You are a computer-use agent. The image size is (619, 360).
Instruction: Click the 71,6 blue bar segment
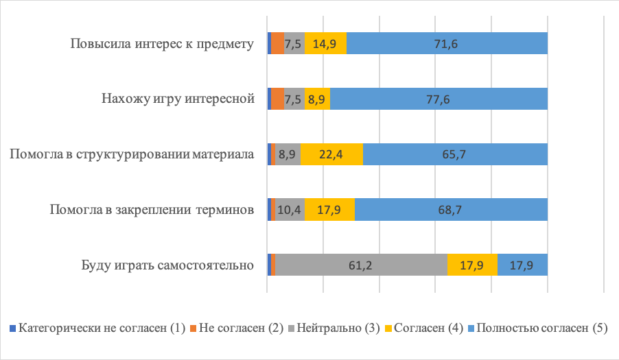pyautogui.click(x=447, y=44)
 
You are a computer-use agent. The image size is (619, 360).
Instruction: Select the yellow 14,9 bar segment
pyautogui.click(x=325, y=44)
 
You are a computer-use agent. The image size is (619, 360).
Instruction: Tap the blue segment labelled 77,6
pyautogui.click(x=439, y=99)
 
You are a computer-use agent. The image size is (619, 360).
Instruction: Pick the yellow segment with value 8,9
pyautogui.click(x=317, y=99)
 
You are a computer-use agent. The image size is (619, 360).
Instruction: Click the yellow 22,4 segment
pyautogui.click(x=331, y=154)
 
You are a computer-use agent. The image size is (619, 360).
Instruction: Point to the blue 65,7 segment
pyautogui.click(x=455, y=154)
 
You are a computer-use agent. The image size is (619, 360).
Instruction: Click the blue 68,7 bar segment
pyautogui.click(x=451, y=209)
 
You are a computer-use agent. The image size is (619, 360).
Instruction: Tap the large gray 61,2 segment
pyautogui.click(x=361, y=265)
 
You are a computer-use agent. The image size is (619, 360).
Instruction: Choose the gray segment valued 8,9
pyautogui.click(x=288, y=154)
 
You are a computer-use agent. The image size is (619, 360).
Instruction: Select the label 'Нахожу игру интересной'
pyautogui.click(x=178, y=99)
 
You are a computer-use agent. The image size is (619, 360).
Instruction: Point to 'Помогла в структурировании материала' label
pyautogui.click(x=132, y=154)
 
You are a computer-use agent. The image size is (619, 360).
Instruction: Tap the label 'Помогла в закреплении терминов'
pyautogui.click(x=152, y=209)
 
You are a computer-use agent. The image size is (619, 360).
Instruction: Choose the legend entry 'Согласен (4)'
pyautogui.click(x=431, y=328)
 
